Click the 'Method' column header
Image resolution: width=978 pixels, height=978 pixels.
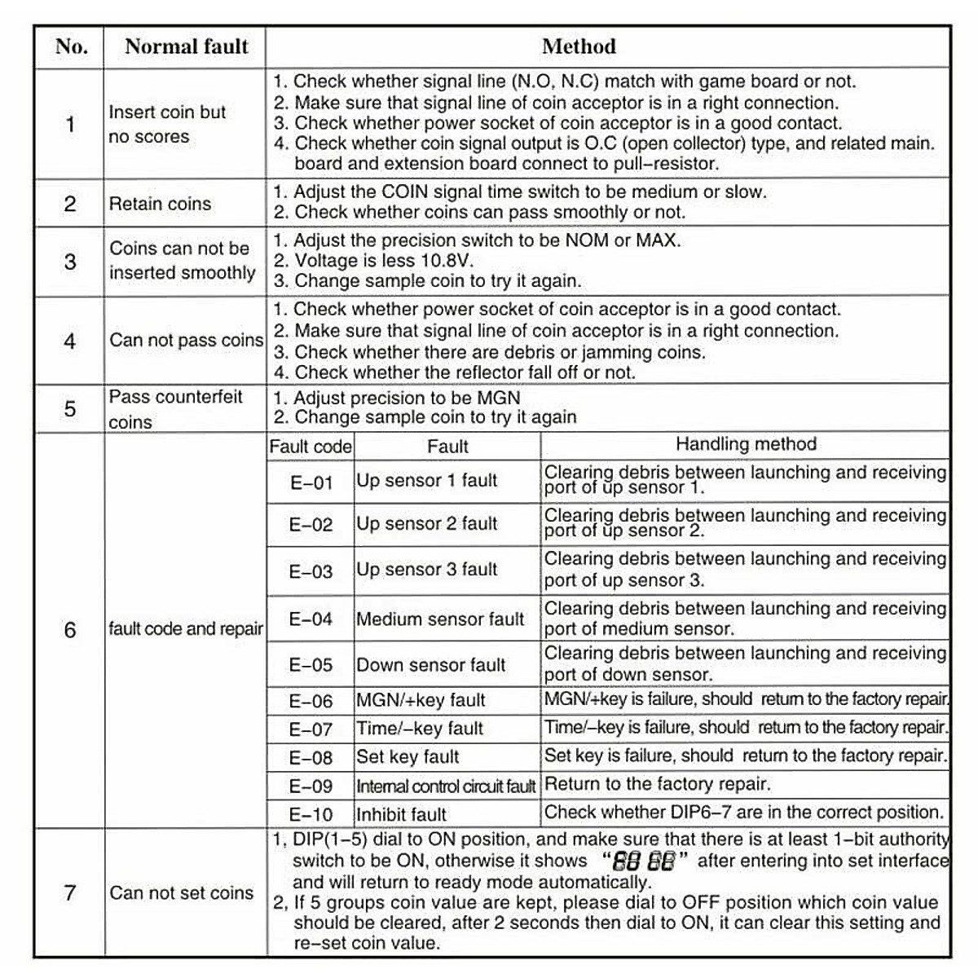[579, 46]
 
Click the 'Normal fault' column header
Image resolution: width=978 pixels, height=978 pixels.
[186, 46]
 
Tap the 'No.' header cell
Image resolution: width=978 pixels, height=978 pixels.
[71, 46]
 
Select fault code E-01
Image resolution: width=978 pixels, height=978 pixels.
[311, 482]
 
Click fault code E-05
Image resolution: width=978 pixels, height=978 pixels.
[311, 665]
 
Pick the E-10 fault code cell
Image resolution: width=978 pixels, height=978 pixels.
[311, 814]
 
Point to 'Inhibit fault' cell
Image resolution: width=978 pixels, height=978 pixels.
[401, 814]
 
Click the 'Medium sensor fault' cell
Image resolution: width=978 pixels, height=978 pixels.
[440, 619]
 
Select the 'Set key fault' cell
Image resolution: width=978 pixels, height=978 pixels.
[407, 757]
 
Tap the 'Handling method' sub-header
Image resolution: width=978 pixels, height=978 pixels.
[745, 444]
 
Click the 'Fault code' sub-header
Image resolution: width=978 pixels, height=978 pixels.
[311, 447]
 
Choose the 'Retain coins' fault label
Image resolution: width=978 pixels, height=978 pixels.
[160, 204]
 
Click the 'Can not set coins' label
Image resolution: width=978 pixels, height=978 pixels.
[181, 893]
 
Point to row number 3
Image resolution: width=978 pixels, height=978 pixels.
[70, 262]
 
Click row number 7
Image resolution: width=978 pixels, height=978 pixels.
[70, 892]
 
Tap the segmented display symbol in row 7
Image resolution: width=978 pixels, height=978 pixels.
[643, 861]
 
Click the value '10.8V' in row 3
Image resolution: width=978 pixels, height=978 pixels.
[447, 261]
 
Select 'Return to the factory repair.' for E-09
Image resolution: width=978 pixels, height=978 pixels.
[657, 784]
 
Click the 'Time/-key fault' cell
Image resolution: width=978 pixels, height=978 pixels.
[419, 729]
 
